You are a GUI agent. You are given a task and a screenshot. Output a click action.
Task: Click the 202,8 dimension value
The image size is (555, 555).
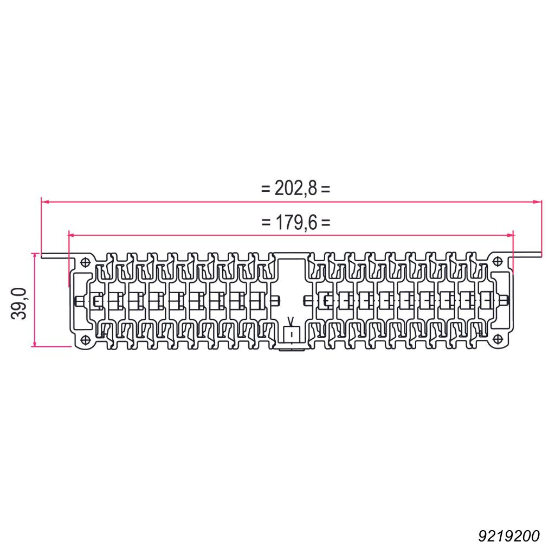[x=295, y=188]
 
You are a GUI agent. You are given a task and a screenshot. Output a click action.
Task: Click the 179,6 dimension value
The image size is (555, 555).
[x=296, y=223]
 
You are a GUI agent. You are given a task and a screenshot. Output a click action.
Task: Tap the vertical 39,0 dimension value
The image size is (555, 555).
[x=19, y=304]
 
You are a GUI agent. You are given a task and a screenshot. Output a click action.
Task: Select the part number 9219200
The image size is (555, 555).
[x=509, y=536]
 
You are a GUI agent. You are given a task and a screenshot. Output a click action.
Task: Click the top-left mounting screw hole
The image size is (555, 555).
[x=85, y=262]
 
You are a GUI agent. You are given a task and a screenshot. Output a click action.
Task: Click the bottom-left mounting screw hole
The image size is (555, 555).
[x=86, y=340]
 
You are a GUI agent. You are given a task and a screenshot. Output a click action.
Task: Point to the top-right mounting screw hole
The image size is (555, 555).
[x=498, y=262]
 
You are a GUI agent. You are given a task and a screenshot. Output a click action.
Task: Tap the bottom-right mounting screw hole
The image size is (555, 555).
[x=498, y=339]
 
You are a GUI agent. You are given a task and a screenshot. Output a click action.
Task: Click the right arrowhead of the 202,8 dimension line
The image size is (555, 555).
[x=538, y=202]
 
